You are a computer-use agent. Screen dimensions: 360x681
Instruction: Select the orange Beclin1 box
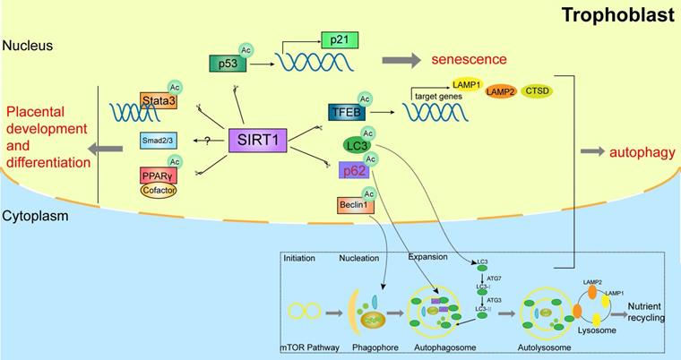(350, 206)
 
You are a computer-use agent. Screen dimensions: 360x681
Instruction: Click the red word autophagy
(642, 152)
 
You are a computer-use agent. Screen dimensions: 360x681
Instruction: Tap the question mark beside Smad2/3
(207, 141)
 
